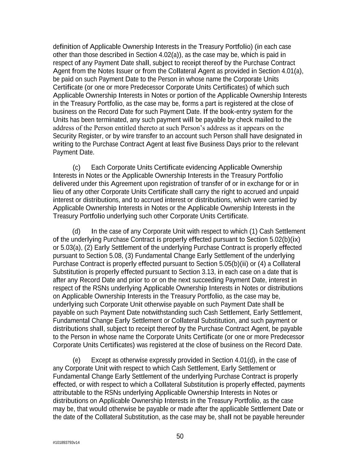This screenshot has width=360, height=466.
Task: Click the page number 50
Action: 180,436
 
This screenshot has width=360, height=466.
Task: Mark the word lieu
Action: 58,192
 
